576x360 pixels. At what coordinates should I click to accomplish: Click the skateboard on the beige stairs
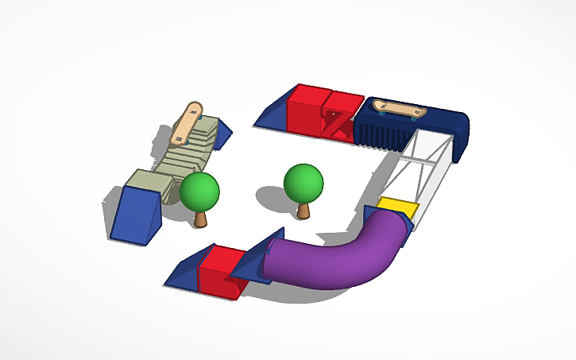click(x=187, y=124)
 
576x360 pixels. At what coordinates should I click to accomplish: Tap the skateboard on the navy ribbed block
click(x=400, y=108)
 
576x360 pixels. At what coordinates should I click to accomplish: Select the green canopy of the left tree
click(x=199, y=192)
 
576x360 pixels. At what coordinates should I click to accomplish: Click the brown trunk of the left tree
click(x=200, y=217)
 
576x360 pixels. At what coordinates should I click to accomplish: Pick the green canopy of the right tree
click(x=303, y=182)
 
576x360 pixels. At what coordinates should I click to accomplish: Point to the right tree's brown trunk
click(x=303, y=210)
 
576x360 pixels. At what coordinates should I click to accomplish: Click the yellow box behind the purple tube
click(x=397, y=208)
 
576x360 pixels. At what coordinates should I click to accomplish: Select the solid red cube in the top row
click(x=305, y=110)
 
